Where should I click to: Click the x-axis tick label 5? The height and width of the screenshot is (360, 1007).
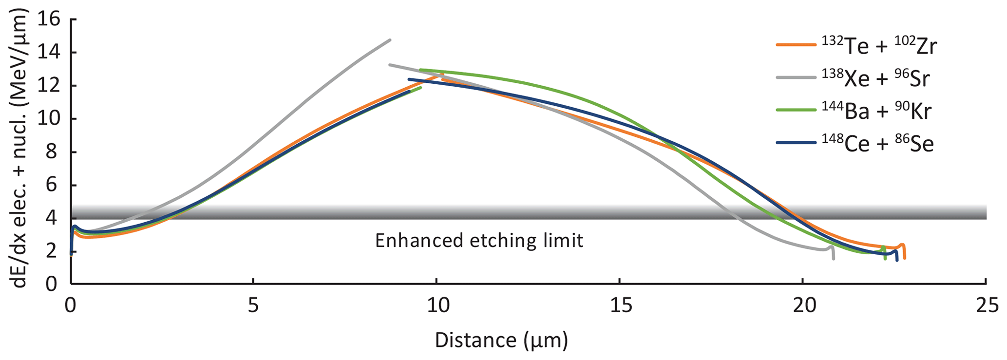[253, 306]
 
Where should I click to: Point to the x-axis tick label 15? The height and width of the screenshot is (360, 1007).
[619, 306]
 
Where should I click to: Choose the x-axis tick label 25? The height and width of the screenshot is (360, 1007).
[986, 306]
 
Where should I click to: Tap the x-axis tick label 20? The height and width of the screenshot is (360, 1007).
[802, 306]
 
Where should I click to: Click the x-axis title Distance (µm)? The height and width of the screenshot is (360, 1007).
[501, 340]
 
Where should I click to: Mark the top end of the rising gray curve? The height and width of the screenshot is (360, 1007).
[390, 40]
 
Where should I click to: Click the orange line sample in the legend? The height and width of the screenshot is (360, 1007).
[796, 45]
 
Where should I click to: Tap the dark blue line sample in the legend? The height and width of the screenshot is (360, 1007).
[796, 143]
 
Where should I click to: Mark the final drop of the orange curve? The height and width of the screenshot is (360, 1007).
[904, 253]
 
